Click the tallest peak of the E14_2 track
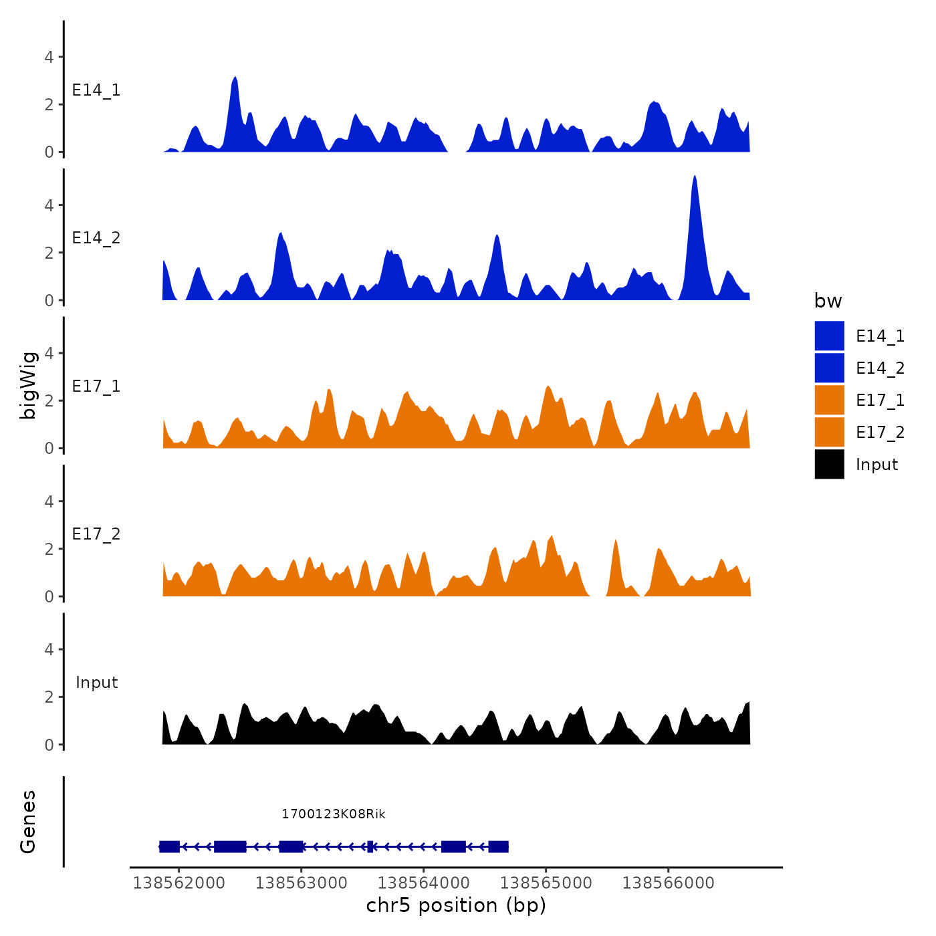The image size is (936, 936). (x=695, y=178)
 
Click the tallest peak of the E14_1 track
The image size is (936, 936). (x=235, y=80)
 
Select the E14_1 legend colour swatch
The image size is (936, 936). (x=829, y=336)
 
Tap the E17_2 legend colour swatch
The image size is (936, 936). (x=829, y=432)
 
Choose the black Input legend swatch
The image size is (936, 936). (x=829, y=464)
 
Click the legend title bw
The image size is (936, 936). (x=828, y=301)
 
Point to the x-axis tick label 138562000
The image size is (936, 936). (x=179, y=883)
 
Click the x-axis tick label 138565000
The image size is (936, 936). (x=546, y=883)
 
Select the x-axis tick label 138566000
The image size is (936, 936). (x=669, y=883)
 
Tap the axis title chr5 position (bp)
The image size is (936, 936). (x=456, y=905)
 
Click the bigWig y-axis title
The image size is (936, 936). (x=28, y=385)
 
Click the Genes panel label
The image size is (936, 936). (x=28, y=822)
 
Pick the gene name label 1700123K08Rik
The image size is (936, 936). (x=334, y=814)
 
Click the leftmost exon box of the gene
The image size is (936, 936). (x=169, y=846)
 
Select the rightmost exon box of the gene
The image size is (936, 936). (x=499, y=846)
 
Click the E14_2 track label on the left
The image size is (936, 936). (x=96, y=238)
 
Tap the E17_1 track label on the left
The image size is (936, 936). (x=96, y=386)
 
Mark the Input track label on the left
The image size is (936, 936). (x=97, y=683)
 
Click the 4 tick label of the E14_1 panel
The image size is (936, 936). (x=49, y=57)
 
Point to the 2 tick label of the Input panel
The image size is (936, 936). (x=49, y=697)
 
